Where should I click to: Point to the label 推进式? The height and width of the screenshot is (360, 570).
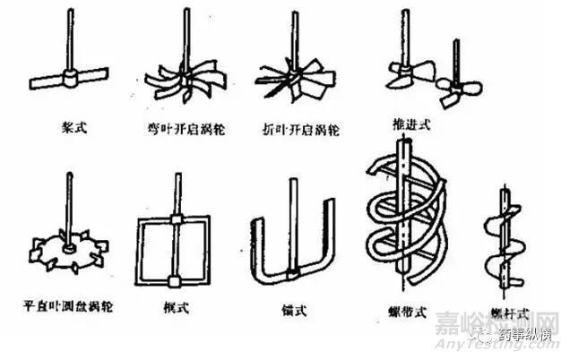410,124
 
